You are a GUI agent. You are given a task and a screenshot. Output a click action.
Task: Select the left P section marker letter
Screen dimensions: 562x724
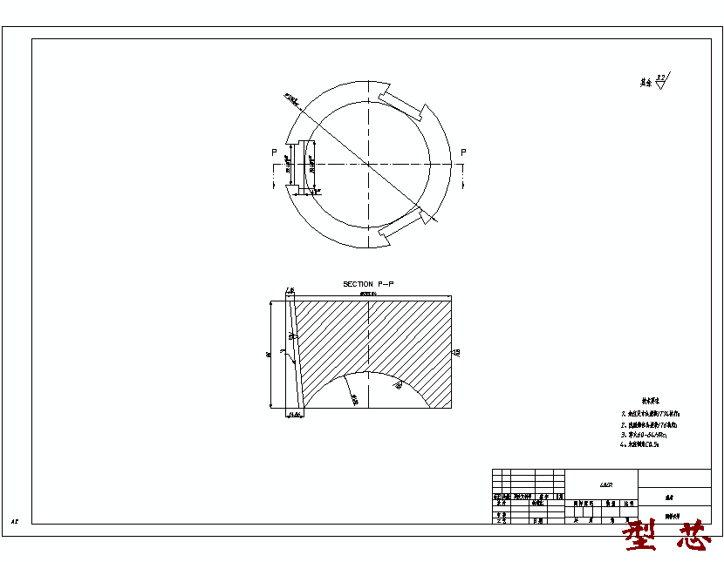pos(275,152)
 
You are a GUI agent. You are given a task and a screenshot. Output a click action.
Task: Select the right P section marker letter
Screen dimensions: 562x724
pos(463,152)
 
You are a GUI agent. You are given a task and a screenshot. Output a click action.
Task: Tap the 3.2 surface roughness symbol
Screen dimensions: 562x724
pos(662,81)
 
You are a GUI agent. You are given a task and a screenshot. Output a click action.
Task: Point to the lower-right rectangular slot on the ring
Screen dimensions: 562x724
pos(402,224)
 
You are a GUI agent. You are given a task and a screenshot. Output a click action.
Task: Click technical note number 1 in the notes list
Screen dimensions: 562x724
pos(650,414)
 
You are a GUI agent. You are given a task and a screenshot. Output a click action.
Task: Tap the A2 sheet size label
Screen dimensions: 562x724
pos(15,521)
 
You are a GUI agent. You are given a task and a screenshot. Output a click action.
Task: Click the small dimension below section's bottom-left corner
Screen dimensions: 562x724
pos(293,416)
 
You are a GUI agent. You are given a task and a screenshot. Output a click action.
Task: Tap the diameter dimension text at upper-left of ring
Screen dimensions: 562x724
pos(291,100)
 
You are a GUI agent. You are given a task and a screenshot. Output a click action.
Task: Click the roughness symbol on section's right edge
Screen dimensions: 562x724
pos(456,353)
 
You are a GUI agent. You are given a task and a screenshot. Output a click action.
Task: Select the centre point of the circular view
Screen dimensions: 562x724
pos(370,164)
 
